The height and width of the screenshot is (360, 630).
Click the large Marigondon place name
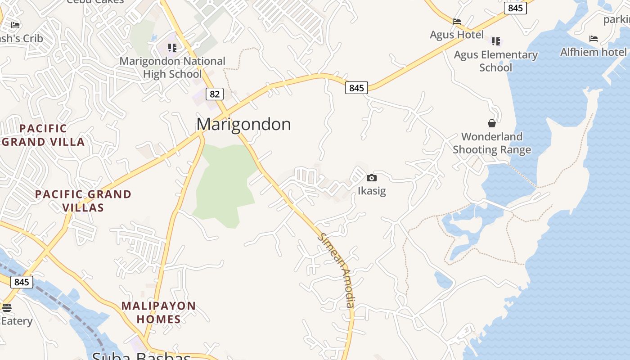coord(243,124)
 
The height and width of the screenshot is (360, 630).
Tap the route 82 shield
coord(215,94)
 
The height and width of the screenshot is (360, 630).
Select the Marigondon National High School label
coord(172,67)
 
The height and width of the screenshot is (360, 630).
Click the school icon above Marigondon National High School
coord(172,47)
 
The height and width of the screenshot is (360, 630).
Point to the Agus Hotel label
coord(456,35)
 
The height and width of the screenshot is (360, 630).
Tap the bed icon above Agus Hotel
coord(457,21)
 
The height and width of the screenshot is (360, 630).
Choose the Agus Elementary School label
coord(495,61)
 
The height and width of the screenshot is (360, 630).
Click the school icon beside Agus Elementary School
coord(496,41)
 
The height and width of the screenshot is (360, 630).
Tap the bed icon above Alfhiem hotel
coord(594,39)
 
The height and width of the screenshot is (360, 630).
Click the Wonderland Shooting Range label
coord(492,143)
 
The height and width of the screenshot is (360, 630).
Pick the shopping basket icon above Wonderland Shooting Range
coord(492,123)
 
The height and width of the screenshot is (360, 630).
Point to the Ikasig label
coord(372,191)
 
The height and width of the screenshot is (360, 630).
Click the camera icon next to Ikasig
coord(372,178)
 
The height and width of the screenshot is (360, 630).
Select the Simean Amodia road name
coord(337,270)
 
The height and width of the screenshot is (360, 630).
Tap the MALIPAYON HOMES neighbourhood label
coord(158,312)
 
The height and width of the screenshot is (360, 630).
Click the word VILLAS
coord(83,207)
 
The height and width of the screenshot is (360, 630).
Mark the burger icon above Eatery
coord(6,308)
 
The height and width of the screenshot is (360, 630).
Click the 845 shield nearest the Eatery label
coord(22,282)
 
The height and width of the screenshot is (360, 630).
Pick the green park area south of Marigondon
coord(223,184)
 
